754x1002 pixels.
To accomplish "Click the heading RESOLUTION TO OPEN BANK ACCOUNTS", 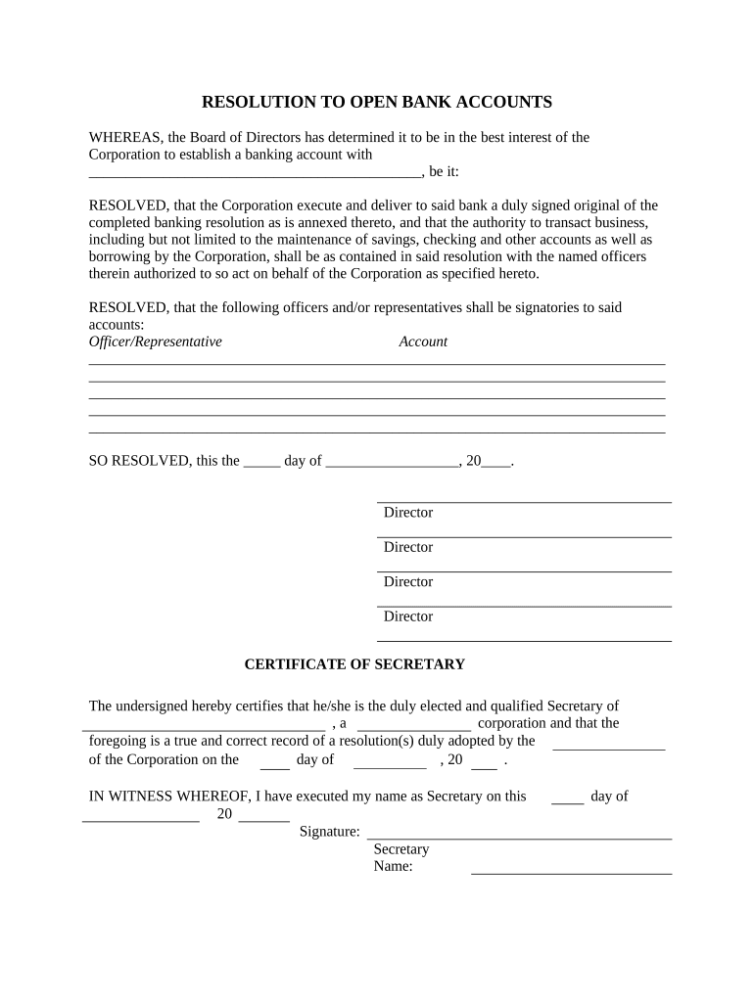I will [x=377, y=102].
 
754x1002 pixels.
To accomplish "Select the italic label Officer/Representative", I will [x=155, y=342].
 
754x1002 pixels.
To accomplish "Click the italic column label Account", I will [x=423, y=342].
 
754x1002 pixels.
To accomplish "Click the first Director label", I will [x=408, y=513].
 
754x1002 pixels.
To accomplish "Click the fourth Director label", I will [x=408, y=616].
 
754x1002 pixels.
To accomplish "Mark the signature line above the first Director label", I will [x=524, y=502].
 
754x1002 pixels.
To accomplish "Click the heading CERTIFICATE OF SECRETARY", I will [x=354, y=664].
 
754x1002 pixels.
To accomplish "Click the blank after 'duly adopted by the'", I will [x=609, y=748].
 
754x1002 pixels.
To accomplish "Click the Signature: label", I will [x=329, y=832].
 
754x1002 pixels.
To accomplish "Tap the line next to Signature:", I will [x=519, y=839].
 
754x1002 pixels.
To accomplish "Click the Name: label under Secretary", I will [x=394, y=867].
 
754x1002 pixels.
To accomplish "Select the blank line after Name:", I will [x=571, y=872].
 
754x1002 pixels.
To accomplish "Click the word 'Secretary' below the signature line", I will [x=401, y=849].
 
